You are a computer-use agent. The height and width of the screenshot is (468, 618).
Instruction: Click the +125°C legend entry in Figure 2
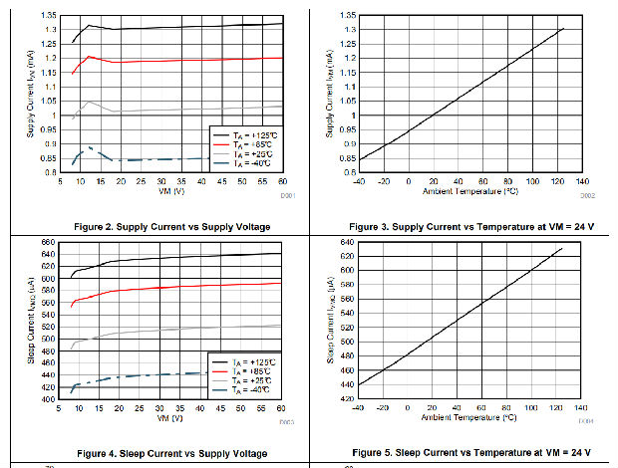point(245,132)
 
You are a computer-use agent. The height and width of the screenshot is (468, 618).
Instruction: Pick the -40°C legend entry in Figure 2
point(245,164)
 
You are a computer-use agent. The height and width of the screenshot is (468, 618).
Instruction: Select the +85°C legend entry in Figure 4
point(245,370)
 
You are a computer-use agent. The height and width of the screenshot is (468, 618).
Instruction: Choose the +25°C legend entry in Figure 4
point(245,381)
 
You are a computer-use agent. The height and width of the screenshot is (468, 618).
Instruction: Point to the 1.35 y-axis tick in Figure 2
point(48,16)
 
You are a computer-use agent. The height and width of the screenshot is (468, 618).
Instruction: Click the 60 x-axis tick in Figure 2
point(283,181)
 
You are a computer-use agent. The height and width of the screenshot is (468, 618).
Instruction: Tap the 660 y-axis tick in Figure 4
point(47,243)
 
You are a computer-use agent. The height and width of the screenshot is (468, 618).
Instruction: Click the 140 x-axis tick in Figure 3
point(582,181)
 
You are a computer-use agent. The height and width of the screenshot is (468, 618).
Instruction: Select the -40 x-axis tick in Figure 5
point(359,407)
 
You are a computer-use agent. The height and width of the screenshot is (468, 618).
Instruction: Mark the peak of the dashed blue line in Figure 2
point(89,147)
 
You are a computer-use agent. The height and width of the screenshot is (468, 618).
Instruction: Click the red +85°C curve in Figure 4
point(179,289)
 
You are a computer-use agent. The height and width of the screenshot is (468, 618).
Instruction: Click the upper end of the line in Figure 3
point(563,28)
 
